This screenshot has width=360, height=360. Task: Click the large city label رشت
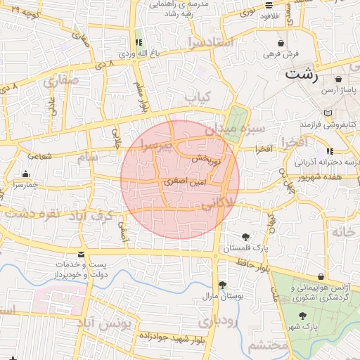(x=302, y=73)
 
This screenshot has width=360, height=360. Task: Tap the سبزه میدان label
(x=235, y=129)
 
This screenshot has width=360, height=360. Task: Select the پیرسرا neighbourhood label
(x=146, y=144)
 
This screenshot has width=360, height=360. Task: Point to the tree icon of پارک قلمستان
(x=245, y=237)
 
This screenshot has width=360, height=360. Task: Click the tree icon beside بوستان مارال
(x=223, y=285)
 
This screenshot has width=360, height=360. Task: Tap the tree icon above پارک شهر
(x=302, y=316)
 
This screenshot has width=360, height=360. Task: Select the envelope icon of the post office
(x=82, y=254)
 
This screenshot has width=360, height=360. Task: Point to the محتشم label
(x=269, y=345)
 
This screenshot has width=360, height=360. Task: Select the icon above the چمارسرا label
(x=26, y=174)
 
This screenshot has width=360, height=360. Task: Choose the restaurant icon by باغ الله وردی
(x=138, y=42)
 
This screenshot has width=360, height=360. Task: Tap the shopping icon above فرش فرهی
(x=281, y=43)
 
